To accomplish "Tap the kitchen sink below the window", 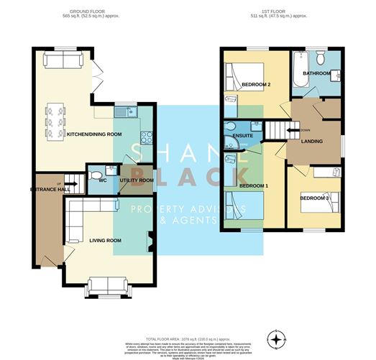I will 127,112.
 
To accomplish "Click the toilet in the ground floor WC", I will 109,170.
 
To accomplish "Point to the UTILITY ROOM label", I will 137,180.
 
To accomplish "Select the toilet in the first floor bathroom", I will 321,59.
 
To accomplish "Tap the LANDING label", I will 311,141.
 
